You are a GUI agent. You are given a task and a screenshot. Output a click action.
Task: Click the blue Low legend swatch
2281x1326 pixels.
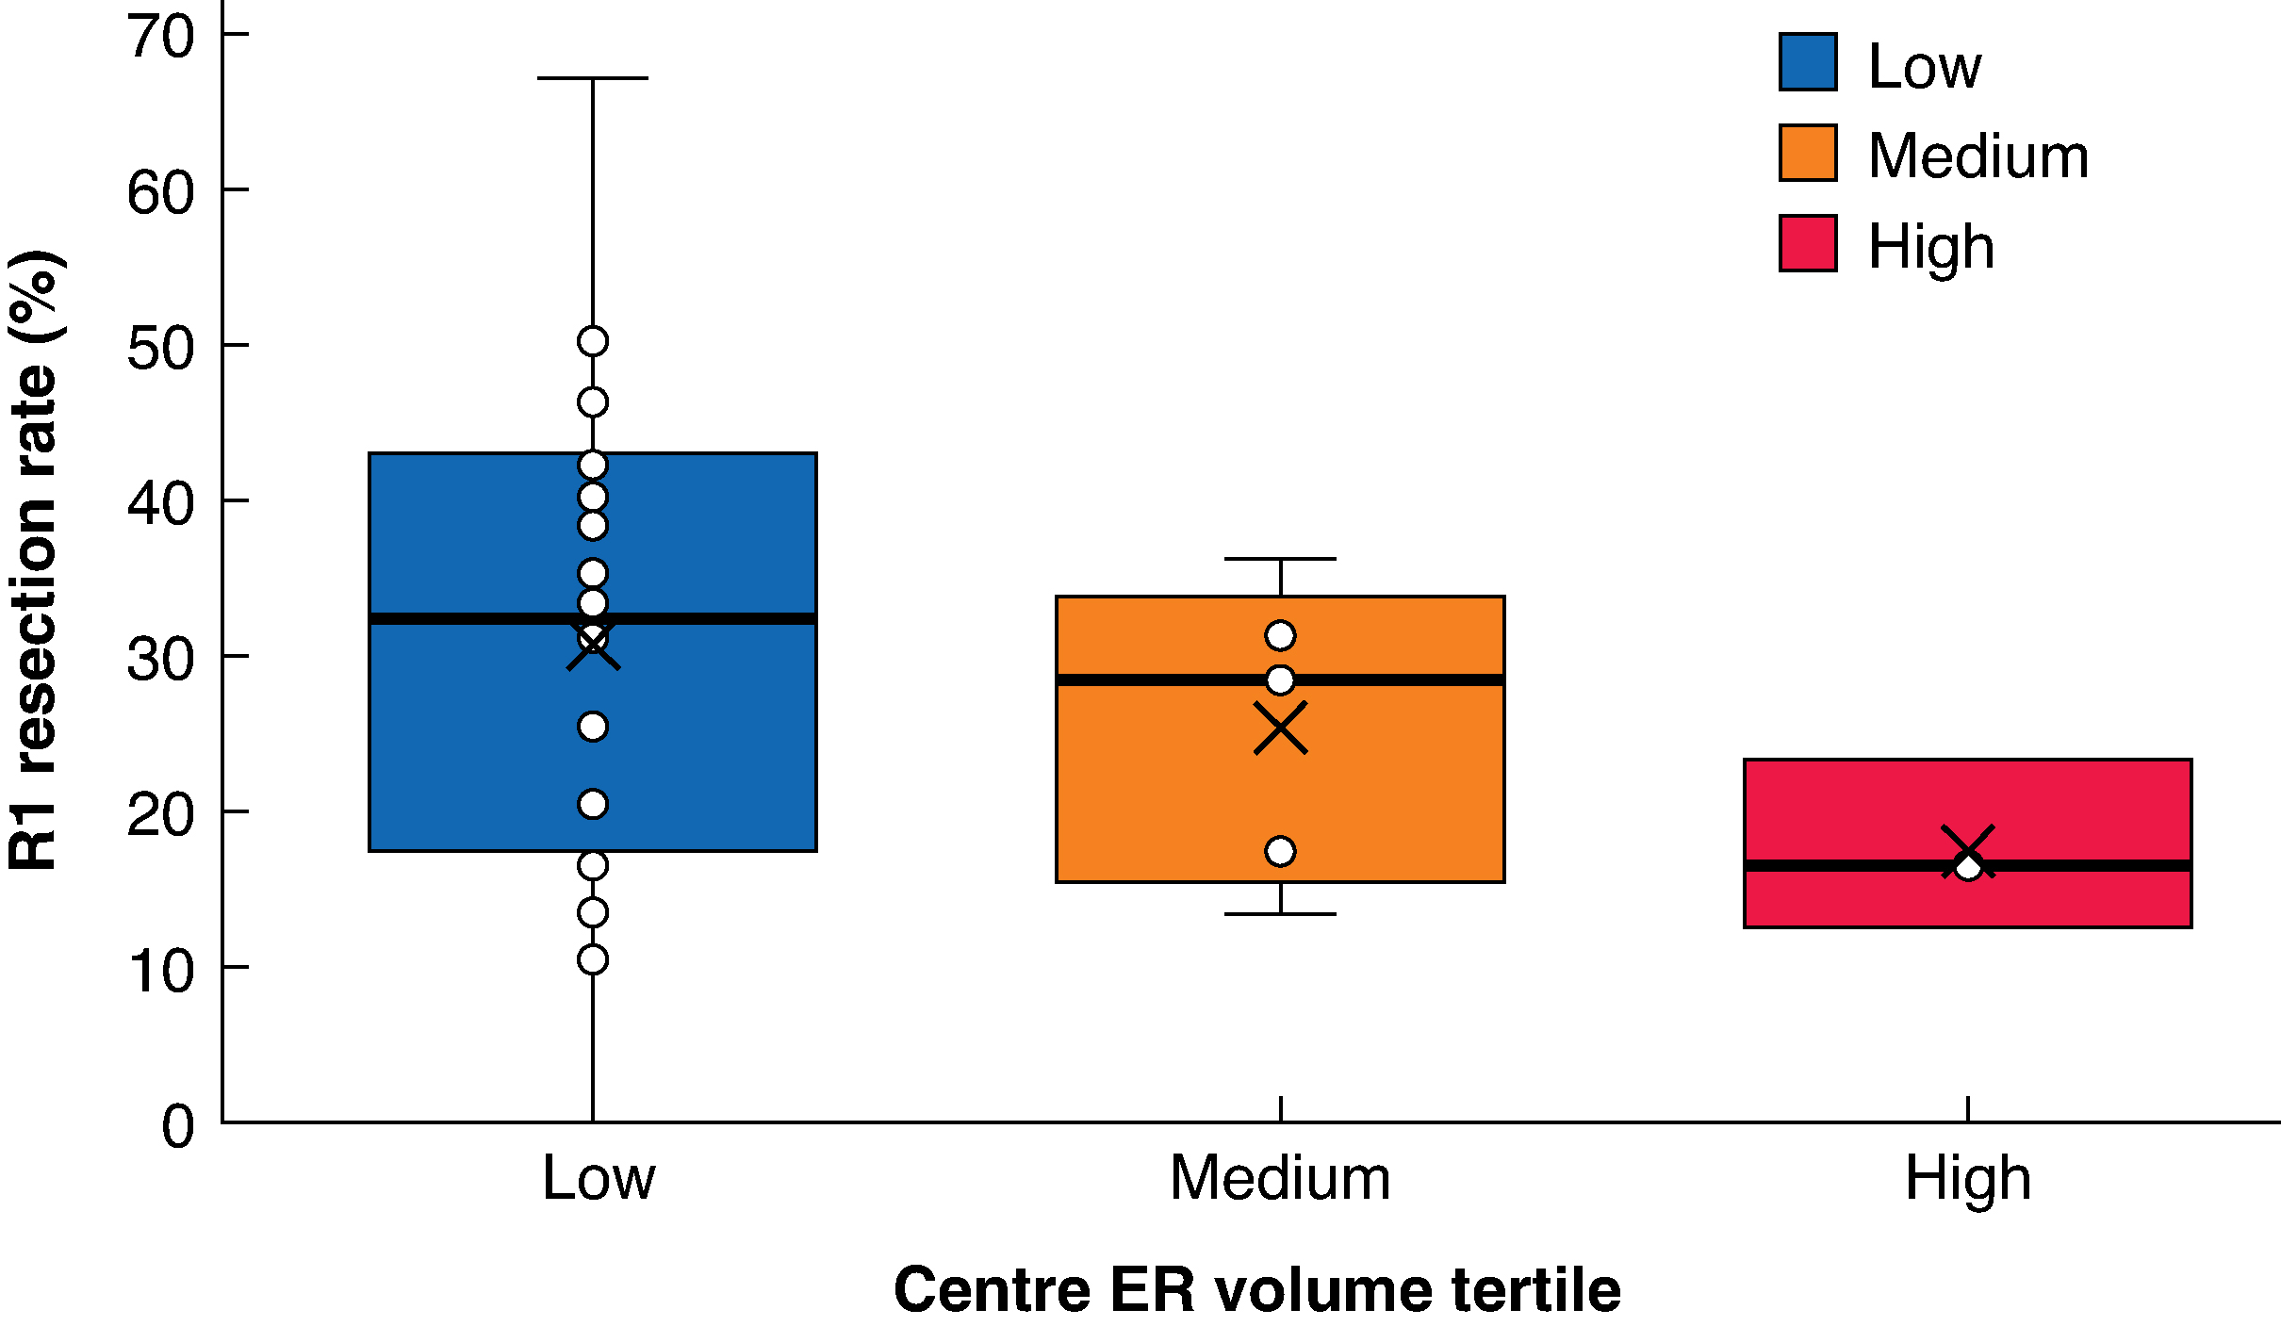(1808, 62)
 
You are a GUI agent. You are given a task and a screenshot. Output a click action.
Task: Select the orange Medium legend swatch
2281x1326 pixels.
(1808, 153)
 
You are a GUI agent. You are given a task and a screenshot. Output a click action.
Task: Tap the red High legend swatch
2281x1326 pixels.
(1808, 243)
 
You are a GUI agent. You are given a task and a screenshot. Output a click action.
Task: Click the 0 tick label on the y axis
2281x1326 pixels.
(178, 1124)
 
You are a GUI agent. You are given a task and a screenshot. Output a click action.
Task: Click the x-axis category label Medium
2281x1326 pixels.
(1280, 1177)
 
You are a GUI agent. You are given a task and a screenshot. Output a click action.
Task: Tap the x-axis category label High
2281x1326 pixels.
(1968, 1179)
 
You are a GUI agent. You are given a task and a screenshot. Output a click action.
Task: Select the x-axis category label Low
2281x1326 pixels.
(599, 1177)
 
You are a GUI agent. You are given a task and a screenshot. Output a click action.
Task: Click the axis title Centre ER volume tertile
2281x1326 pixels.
(1257, 1289)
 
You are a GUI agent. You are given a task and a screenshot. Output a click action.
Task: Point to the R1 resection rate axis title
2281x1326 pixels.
(36, 560)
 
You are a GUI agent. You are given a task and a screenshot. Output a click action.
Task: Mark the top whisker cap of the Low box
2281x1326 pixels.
(593, 78)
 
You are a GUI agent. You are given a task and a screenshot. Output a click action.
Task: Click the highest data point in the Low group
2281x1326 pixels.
(593, 341)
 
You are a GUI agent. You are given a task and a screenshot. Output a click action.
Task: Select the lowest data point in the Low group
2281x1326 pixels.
(593, 959)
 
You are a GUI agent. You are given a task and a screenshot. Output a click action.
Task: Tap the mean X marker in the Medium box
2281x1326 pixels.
(1281, 728)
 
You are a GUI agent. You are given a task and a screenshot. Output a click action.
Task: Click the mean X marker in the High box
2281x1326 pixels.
(1968, 852)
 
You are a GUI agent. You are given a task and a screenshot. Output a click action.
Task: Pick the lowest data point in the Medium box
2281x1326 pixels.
(1281, 851)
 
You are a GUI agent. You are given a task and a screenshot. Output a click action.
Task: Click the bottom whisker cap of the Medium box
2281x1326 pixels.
(1281, 914)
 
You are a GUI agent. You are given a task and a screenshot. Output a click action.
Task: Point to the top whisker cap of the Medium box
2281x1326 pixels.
(1281, 559)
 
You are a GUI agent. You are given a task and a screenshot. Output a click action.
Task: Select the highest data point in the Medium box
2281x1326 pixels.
(1281, 636)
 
